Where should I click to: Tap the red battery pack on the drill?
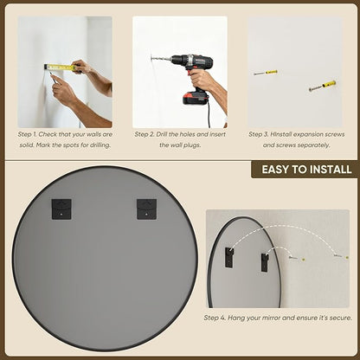tap(196, 97)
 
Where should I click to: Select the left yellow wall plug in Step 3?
tap(271, 72)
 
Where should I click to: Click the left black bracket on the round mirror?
tap(61, 209)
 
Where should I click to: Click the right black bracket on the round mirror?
tap(146, 209)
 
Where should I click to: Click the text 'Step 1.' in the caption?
tap(28, 134)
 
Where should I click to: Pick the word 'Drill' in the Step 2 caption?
tap(164, 134)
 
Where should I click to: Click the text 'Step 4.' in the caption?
tap(215, 318)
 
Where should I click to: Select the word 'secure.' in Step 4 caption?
tap(341, 318)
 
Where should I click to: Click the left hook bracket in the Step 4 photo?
tap(229, 257)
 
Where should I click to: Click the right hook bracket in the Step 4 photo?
tap(265, 262)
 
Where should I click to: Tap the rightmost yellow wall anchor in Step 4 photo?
tap(347, 257)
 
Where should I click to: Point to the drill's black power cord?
tap(209, 115)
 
